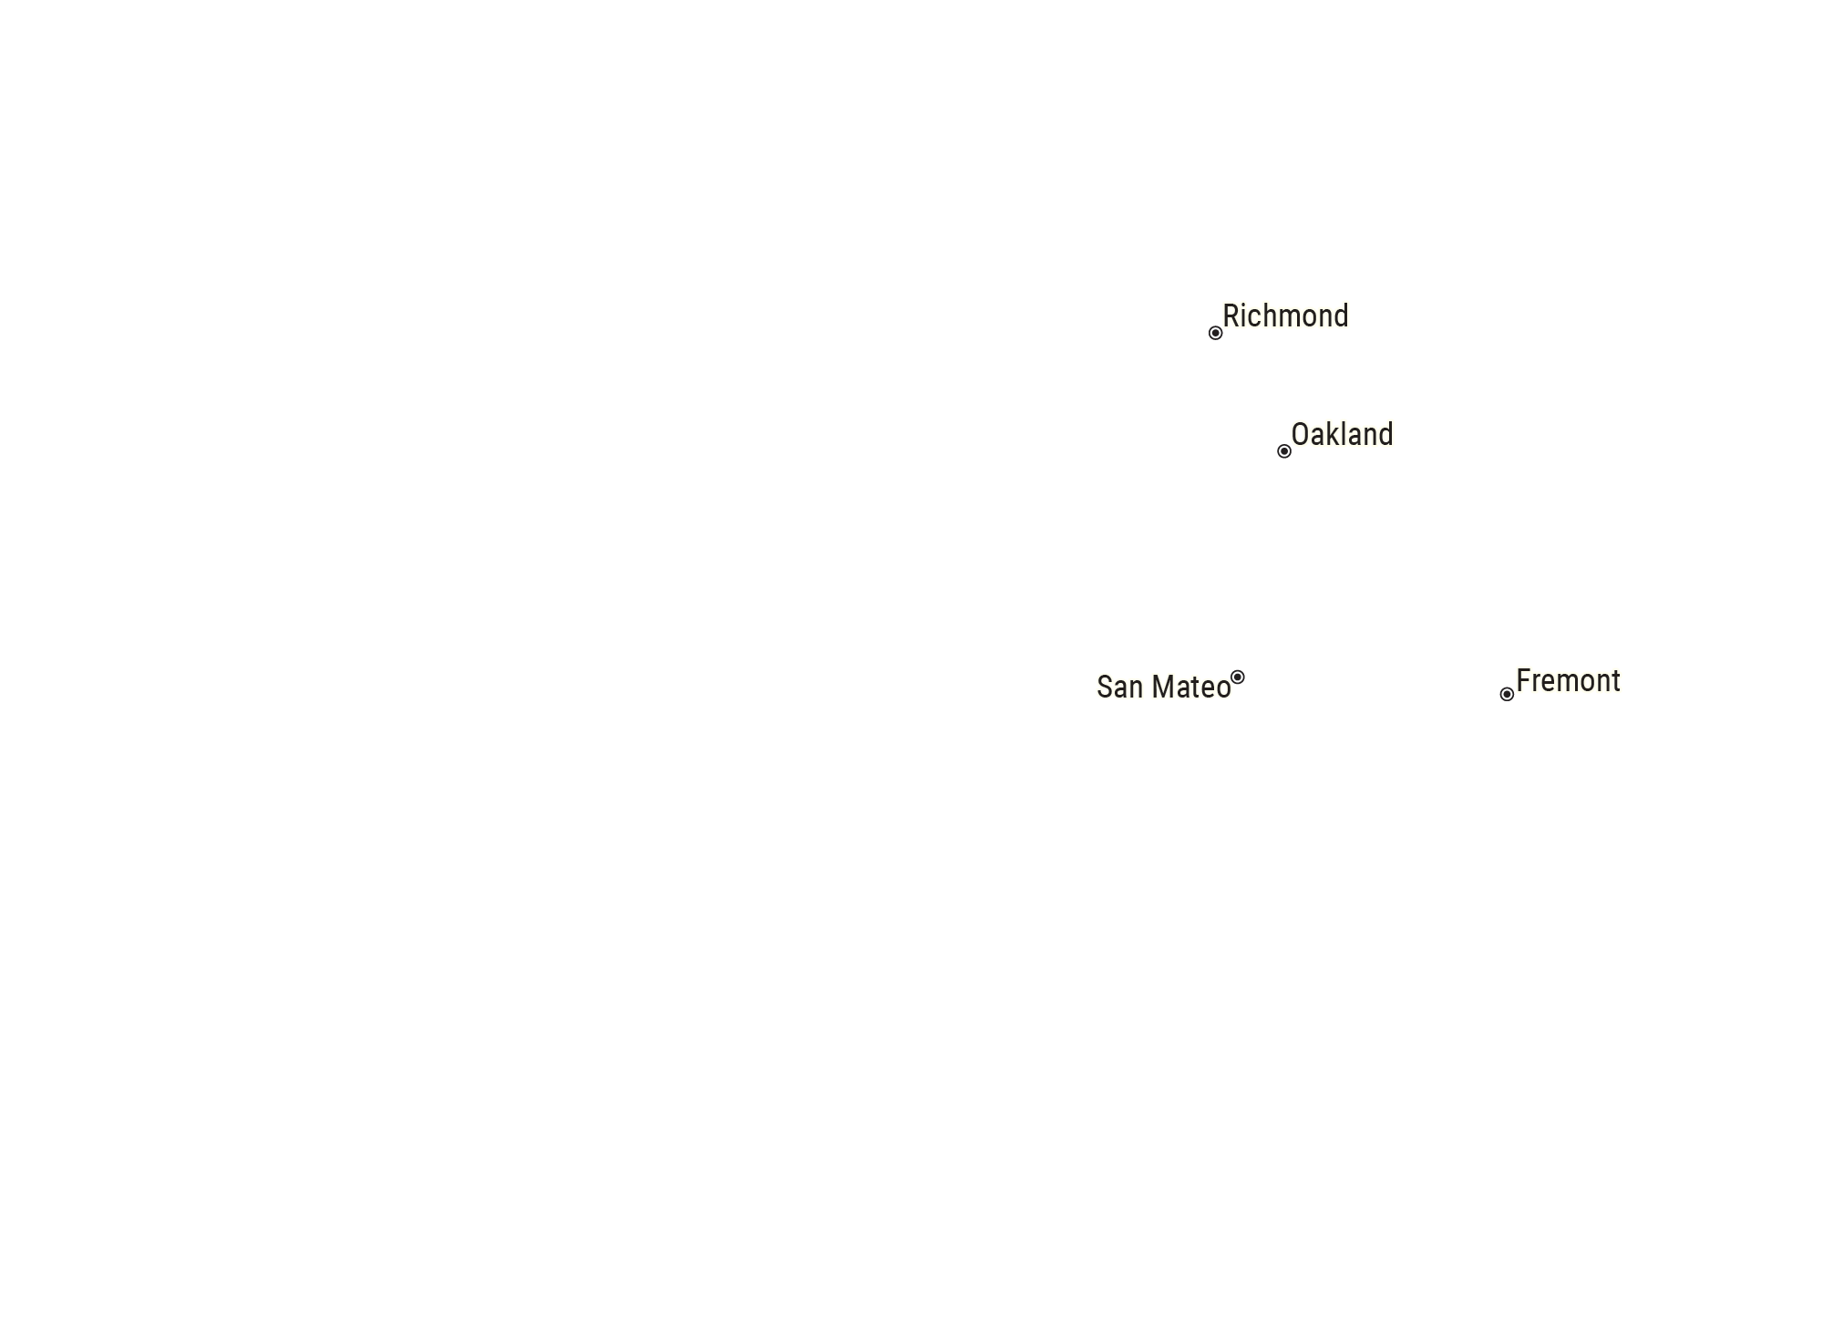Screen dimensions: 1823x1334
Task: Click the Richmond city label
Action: tap(1285, 316)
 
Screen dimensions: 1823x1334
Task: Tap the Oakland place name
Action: tap(1343, 435)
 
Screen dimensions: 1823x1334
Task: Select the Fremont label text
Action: tap(1568, 681)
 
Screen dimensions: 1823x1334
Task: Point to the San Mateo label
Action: tap(1163, 688)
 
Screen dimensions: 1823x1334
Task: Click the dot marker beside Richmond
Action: tap(1215, 333)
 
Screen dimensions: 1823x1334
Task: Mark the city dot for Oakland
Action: tap(1284, 451)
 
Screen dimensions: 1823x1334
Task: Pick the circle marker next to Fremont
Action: tap(1507, 695)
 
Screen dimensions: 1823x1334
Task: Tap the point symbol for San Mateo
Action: tap(1238, 677)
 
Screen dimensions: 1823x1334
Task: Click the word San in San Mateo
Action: tap(1120, 688)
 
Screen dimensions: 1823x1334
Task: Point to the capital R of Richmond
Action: tap(1231, 316)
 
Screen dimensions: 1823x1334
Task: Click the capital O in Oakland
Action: tap(1300, 435)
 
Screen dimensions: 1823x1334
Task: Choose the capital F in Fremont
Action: tap(1523, 681)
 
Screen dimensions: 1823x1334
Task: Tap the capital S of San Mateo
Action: tap(1105, 688)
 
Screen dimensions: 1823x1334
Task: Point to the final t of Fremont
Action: tap(1616, 683)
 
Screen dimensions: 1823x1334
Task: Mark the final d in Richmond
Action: tap(1342, 315)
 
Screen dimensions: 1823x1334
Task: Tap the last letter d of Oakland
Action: tap(1386, 434)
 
